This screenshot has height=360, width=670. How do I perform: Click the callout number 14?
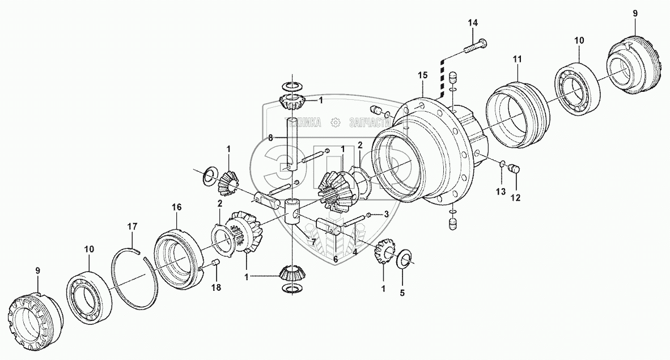(473, 23)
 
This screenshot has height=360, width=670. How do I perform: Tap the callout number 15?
(422, 75)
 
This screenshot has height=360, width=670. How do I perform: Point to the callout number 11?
(517, 59)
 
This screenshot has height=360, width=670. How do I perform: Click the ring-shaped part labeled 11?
(518, 111)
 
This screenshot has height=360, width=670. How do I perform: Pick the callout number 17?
(132, 227)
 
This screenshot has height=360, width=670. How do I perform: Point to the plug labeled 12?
(515, 169)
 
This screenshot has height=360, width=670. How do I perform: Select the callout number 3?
(386, 215)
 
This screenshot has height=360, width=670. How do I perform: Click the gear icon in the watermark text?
(335, 122)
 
